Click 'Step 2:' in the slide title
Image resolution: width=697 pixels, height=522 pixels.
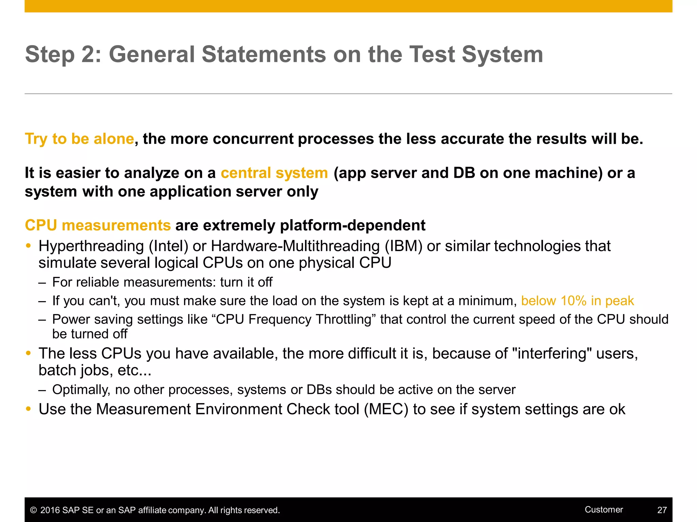point(63,54)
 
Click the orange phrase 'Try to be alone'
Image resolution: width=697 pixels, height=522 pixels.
point(79,139)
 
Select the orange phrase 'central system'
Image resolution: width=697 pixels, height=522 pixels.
point(274,173)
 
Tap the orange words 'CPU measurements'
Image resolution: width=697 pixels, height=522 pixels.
point(98,225)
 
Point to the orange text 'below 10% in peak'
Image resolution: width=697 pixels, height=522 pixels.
point(577,301)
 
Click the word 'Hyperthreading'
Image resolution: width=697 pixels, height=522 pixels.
point(91,246)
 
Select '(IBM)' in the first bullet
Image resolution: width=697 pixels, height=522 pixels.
point(403,246)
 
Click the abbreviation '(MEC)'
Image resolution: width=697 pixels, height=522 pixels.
point(386,409)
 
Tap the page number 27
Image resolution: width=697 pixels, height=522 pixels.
point(662,510)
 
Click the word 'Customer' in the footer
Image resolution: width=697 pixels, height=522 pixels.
point(603,509)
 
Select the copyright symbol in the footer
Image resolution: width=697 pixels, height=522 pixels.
point(33,510)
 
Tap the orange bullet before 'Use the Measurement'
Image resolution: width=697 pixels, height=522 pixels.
point(29,409)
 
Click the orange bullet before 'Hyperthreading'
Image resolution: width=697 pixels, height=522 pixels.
point(29,246)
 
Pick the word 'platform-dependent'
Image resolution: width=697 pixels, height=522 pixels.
point(352,225)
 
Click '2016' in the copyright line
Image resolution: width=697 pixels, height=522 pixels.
point(50,510)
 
